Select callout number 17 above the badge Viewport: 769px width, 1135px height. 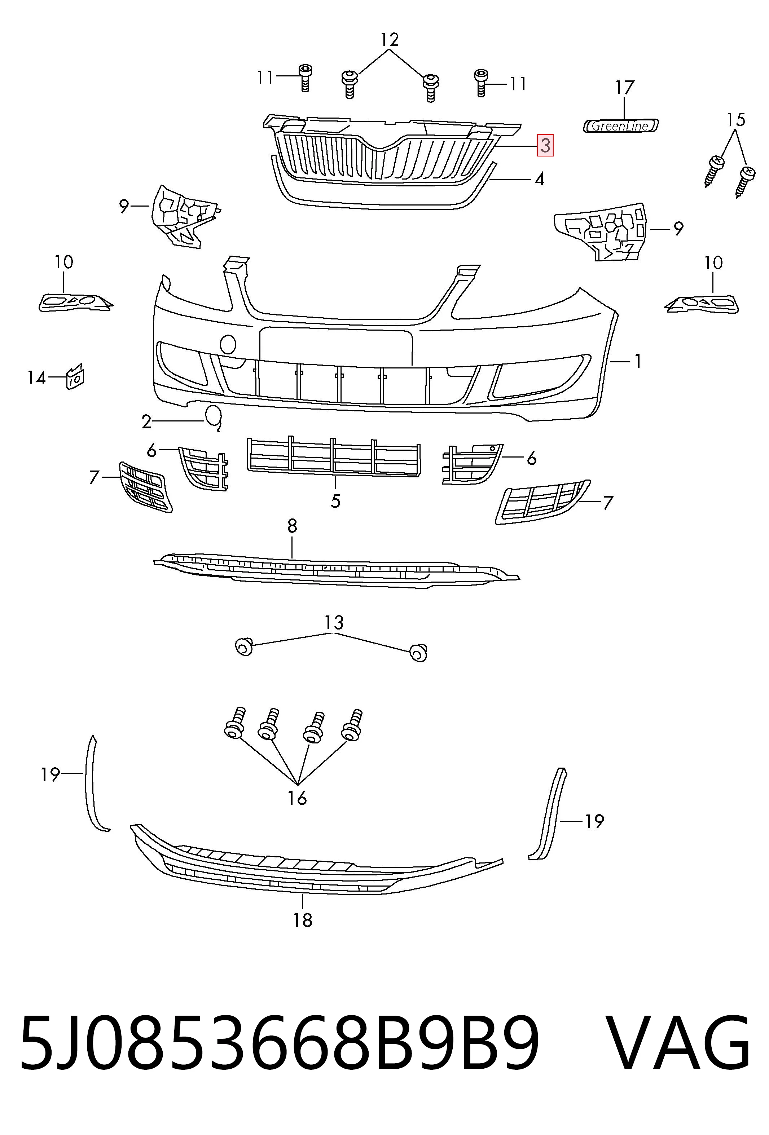(x=624, y=88)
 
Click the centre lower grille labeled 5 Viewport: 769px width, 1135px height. (x=334, y=456)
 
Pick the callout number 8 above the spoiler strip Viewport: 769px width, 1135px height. (x=292, y=526)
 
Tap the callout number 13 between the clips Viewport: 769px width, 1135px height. (x=334, y=623)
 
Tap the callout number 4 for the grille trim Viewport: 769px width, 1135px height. (x=539, y=179)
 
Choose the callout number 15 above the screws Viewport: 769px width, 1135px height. (x=736, y=119)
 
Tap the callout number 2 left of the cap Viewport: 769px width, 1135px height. (x=146, y=421)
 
